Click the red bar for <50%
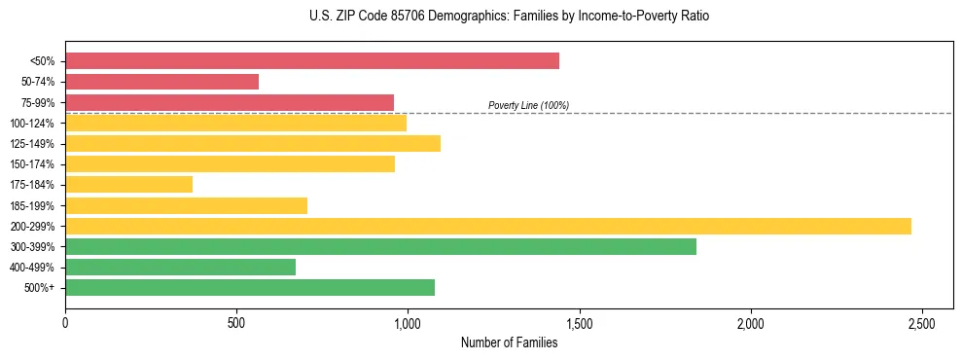pos(311,61)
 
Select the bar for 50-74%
pos(161,82)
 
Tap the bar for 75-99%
pos(230,102)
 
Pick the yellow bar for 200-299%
pos(487,226)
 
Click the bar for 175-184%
pos(128,184)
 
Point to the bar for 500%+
pos(250,287)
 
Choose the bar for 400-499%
pos(180,267)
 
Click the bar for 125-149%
pos(253,143)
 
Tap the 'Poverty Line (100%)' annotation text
pos(528,105)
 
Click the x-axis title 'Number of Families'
pos(509,342)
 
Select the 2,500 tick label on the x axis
pos(922,322)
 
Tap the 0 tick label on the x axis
pos(65,322)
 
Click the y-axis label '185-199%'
pos(32,205)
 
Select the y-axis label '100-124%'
pos(32,123)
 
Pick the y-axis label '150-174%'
pos(32,164)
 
